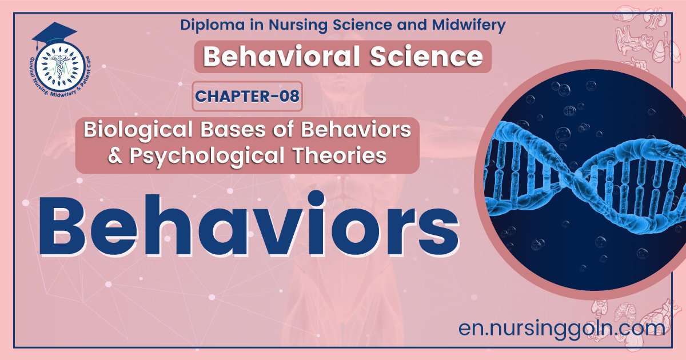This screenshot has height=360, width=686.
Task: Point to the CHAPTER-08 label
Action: click(x=247, y=96)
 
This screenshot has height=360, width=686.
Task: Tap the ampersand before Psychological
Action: click(x=117, y=155)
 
